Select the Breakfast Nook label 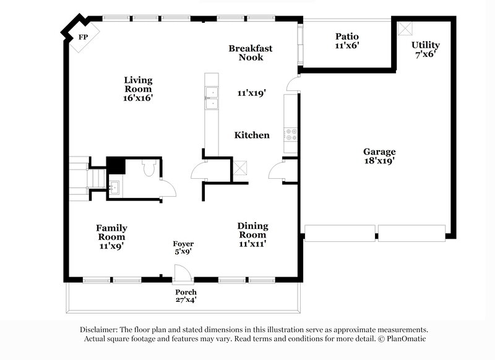250,53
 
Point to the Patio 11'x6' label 346,41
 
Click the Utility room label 426,49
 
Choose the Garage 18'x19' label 379,156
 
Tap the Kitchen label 251,135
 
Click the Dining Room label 252,230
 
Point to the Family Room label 111,233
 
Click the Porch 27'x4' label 186,296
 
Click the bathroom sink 114,186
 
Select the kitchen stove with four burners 290,133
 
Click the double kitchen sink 212,97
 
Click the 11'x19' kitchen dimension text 251,93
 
